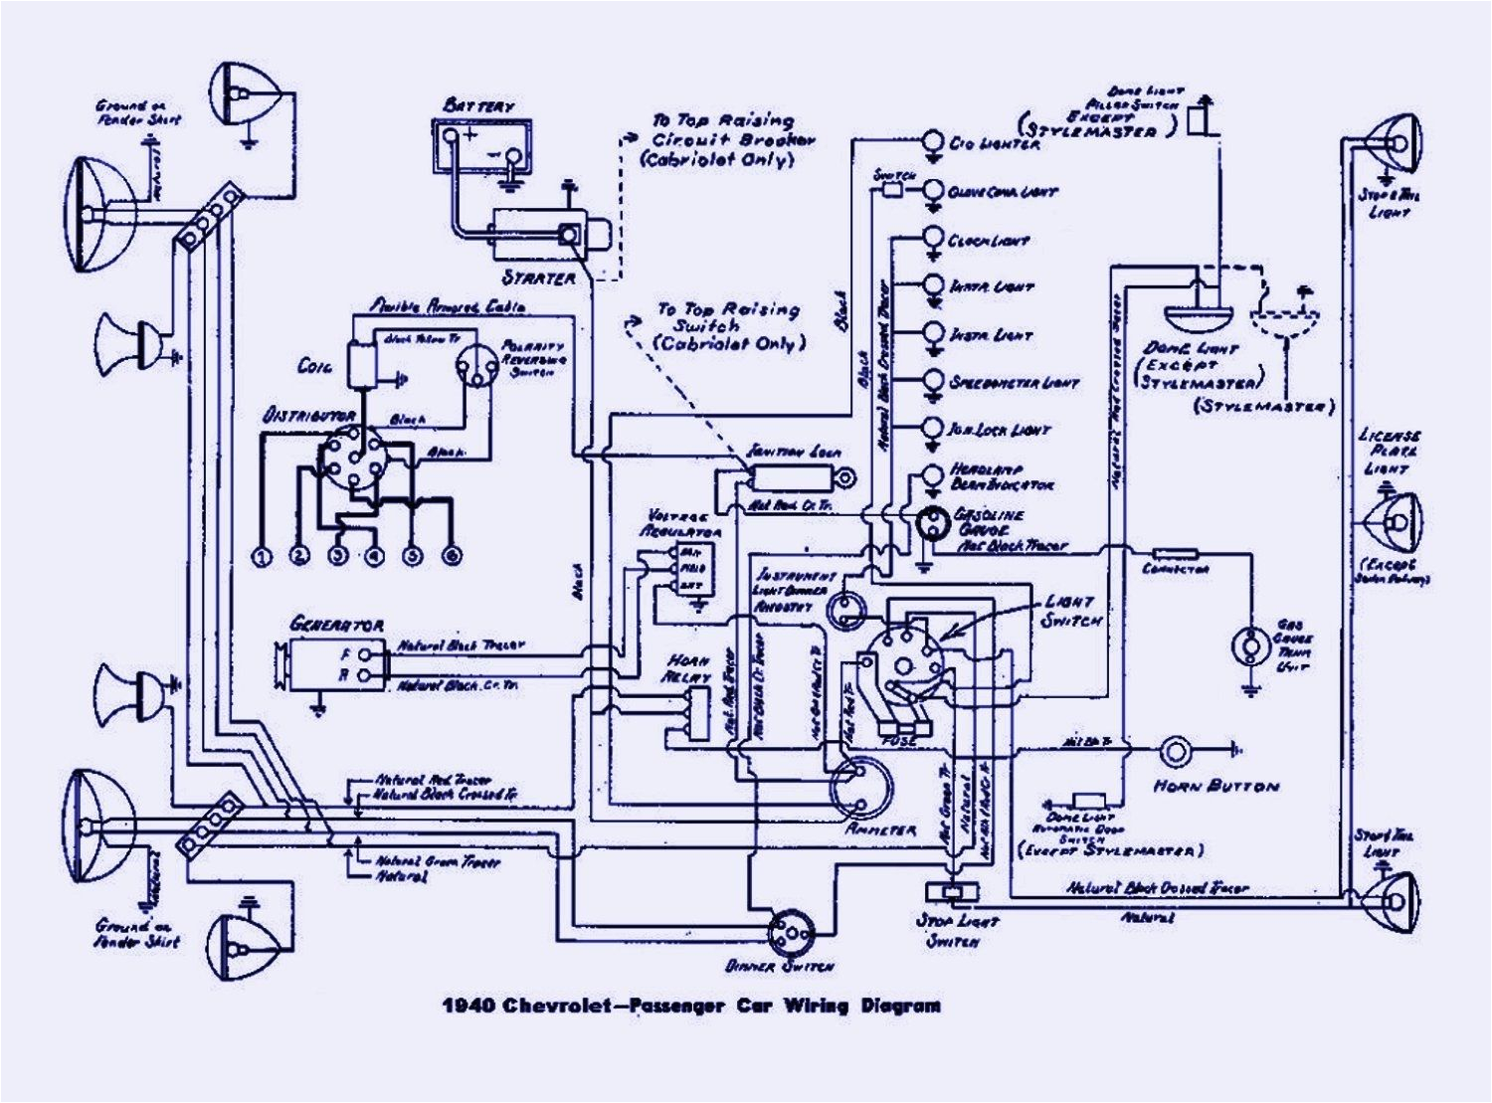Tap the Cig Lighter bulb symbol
(934, 142)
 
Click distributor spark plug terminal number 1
(262, 556)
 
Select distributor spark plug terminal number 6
(451, 556)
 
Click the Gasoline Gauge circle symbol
(934, 523)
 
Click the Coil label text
(315, 366)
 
